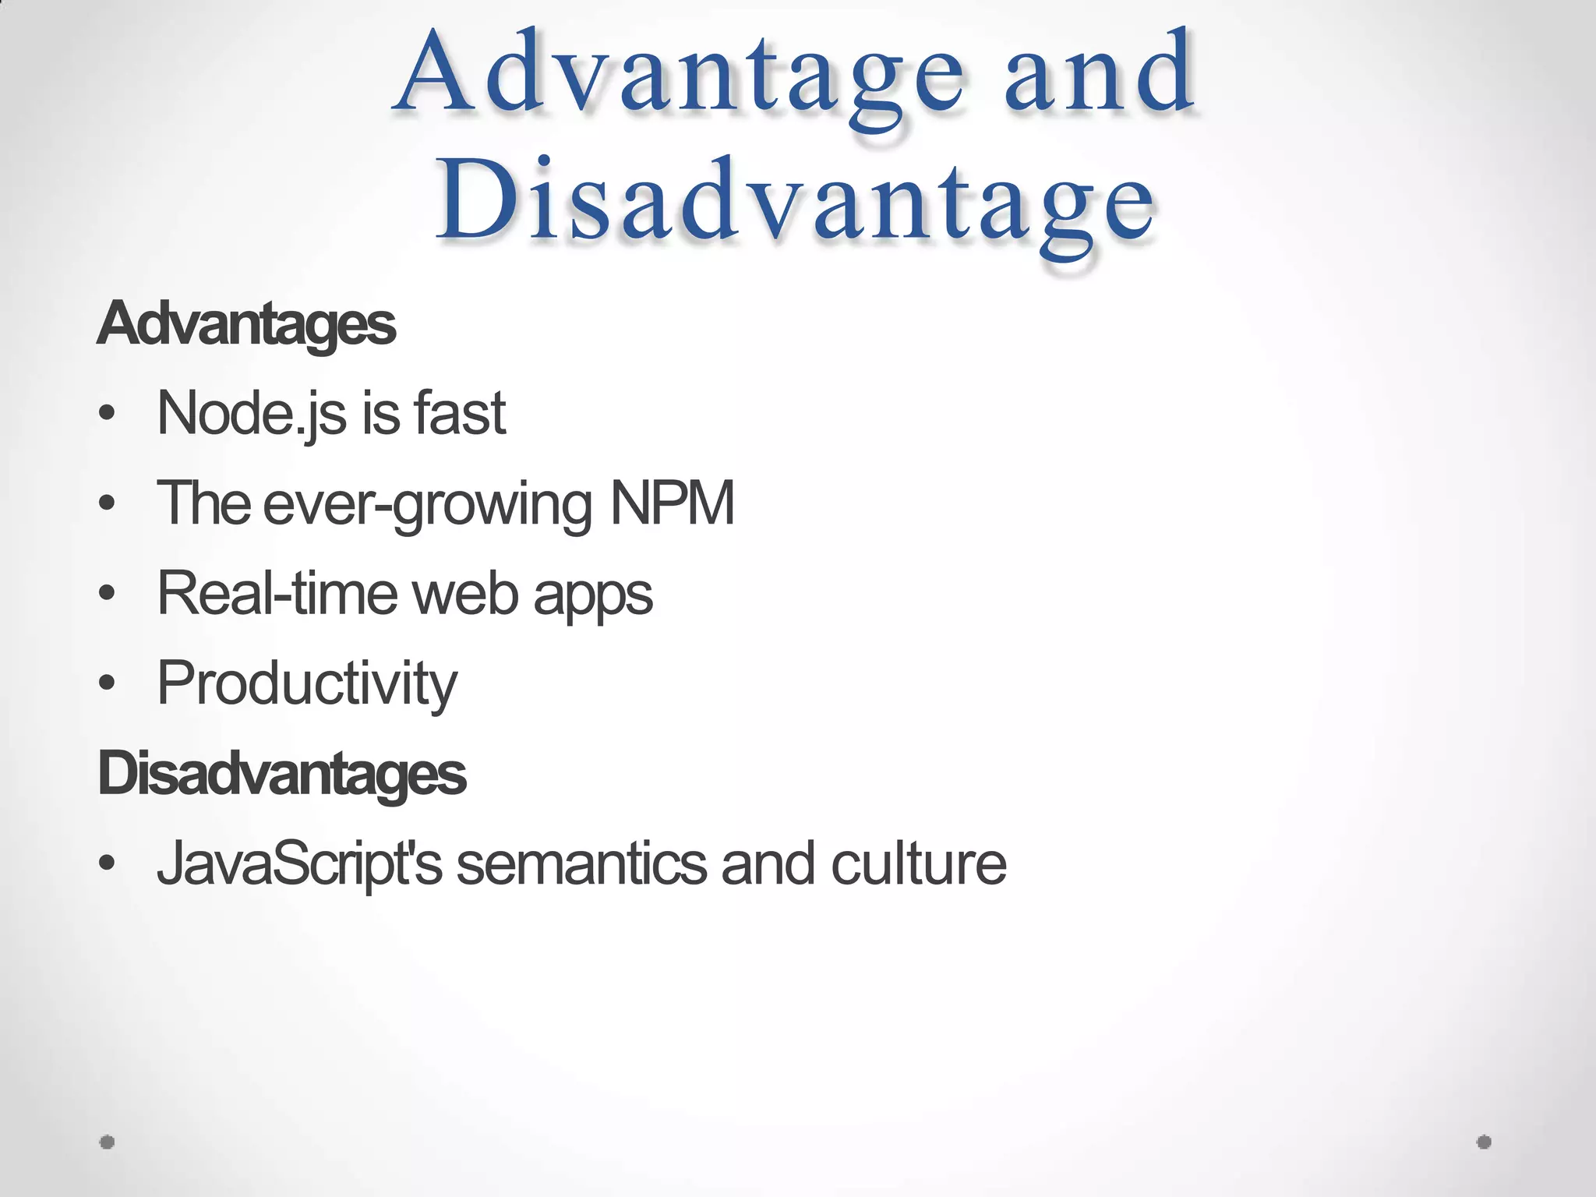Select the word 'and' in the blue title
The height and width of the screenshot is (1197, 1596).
[1099, 74]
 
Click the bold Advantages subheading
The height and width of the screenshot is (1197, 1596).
[246, 324]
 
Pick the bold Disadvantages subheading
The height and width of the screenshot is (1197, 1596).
[281, 774]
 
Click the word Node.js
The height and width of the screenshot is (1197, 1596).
[251, 413]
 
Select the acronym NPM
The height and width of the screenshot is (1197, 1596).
[672, 503]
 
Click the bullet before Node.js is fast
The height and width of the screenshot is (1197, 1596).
[108, 414]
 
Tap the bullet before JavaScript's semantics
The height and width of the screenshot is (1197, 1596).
[108, 864]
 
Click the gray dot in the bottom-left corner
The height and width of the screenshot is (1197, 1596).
[108, 1142]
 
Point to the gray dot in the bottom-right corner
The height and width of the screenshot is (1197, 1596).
[1484, 1142]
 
